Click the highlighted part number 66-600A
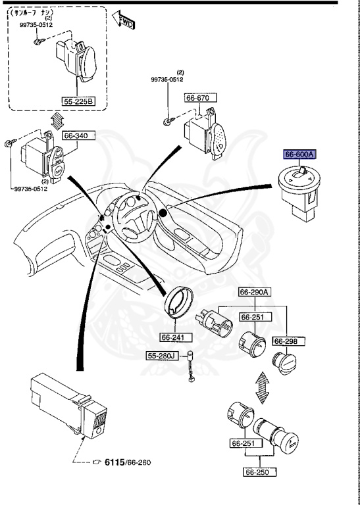(x=300, y=155)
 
